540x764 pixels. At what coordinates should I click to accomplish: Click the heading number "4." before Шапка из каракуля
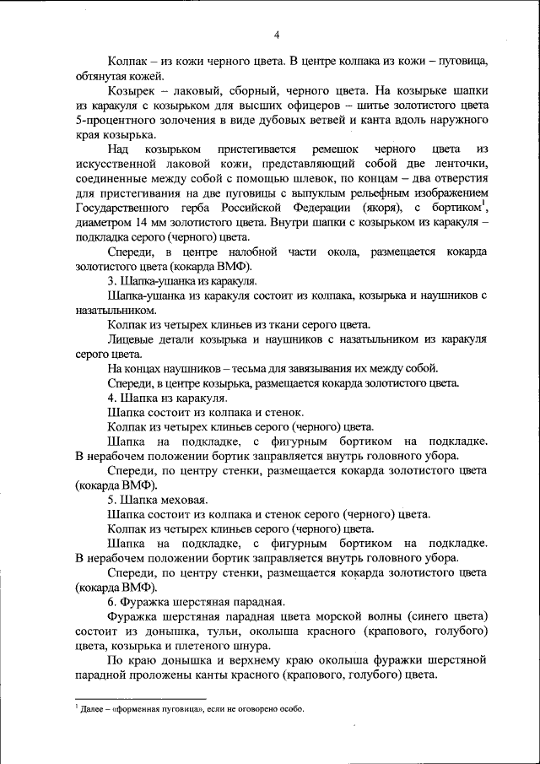[112, 397]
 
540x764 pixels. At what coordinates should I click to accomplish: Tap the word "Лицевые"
[132, 339]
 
